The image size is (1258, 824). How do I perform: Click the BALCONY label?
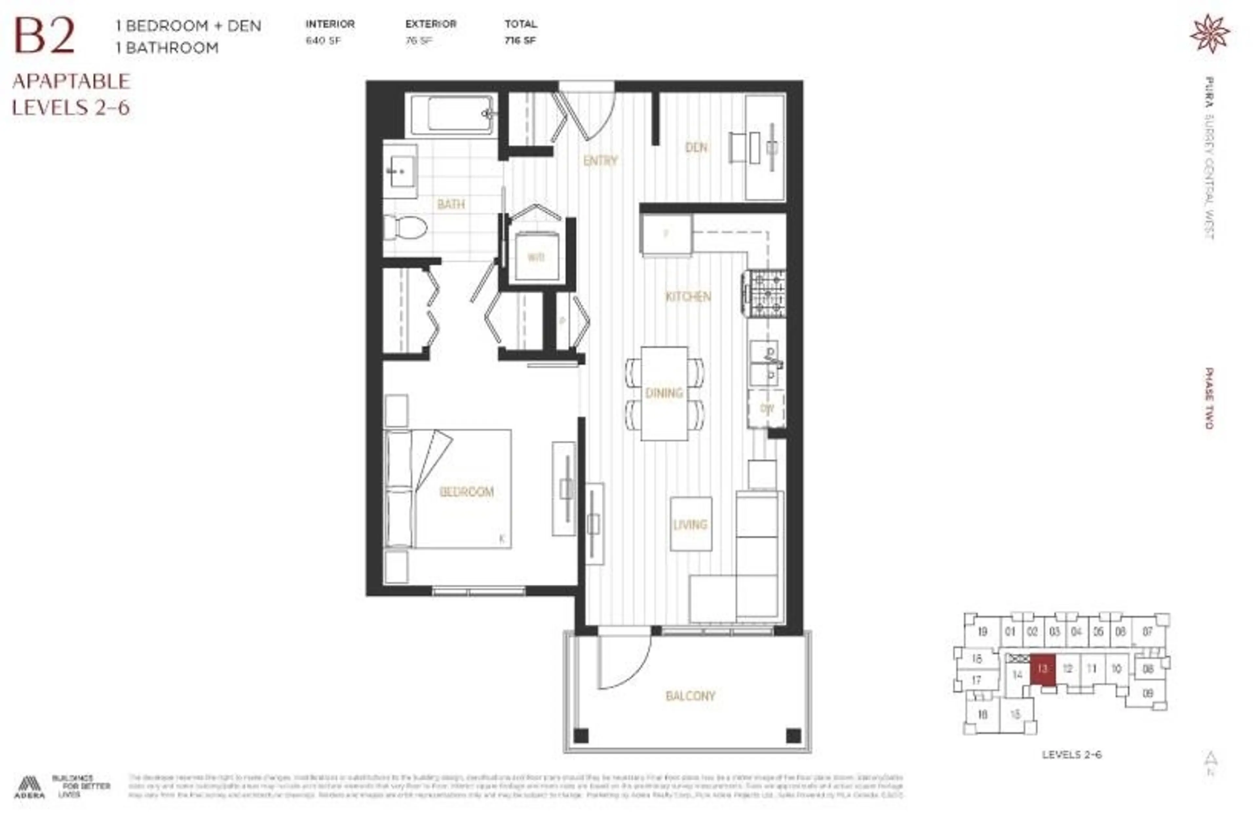(690, 696)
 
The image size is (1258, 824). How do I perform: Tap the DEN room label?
(696, 147)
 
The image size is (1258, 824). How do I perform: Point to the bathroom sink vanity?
(400, 171)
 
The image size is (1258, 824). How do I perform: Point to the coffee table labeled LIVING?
(690, 524)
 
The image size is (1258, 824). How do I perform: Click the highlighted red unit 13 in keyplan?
(1042, 669)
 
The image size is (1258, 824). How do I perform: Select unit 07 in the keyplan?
(1147, 632)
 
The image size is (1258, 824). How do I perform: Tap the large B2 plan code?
(45, 36)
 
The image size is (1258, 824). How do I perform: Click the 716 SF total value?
(520, 41)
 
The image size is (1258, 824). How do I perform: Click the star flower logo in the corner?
(1210, 34)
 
